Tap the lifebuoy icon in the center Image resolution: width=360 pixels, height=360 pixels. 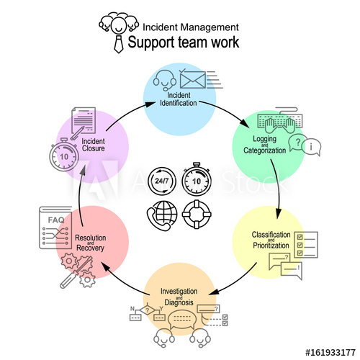(x=196, y=214)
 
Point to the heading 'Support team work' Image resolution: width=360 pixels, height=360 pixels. (x=184, y=42)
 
